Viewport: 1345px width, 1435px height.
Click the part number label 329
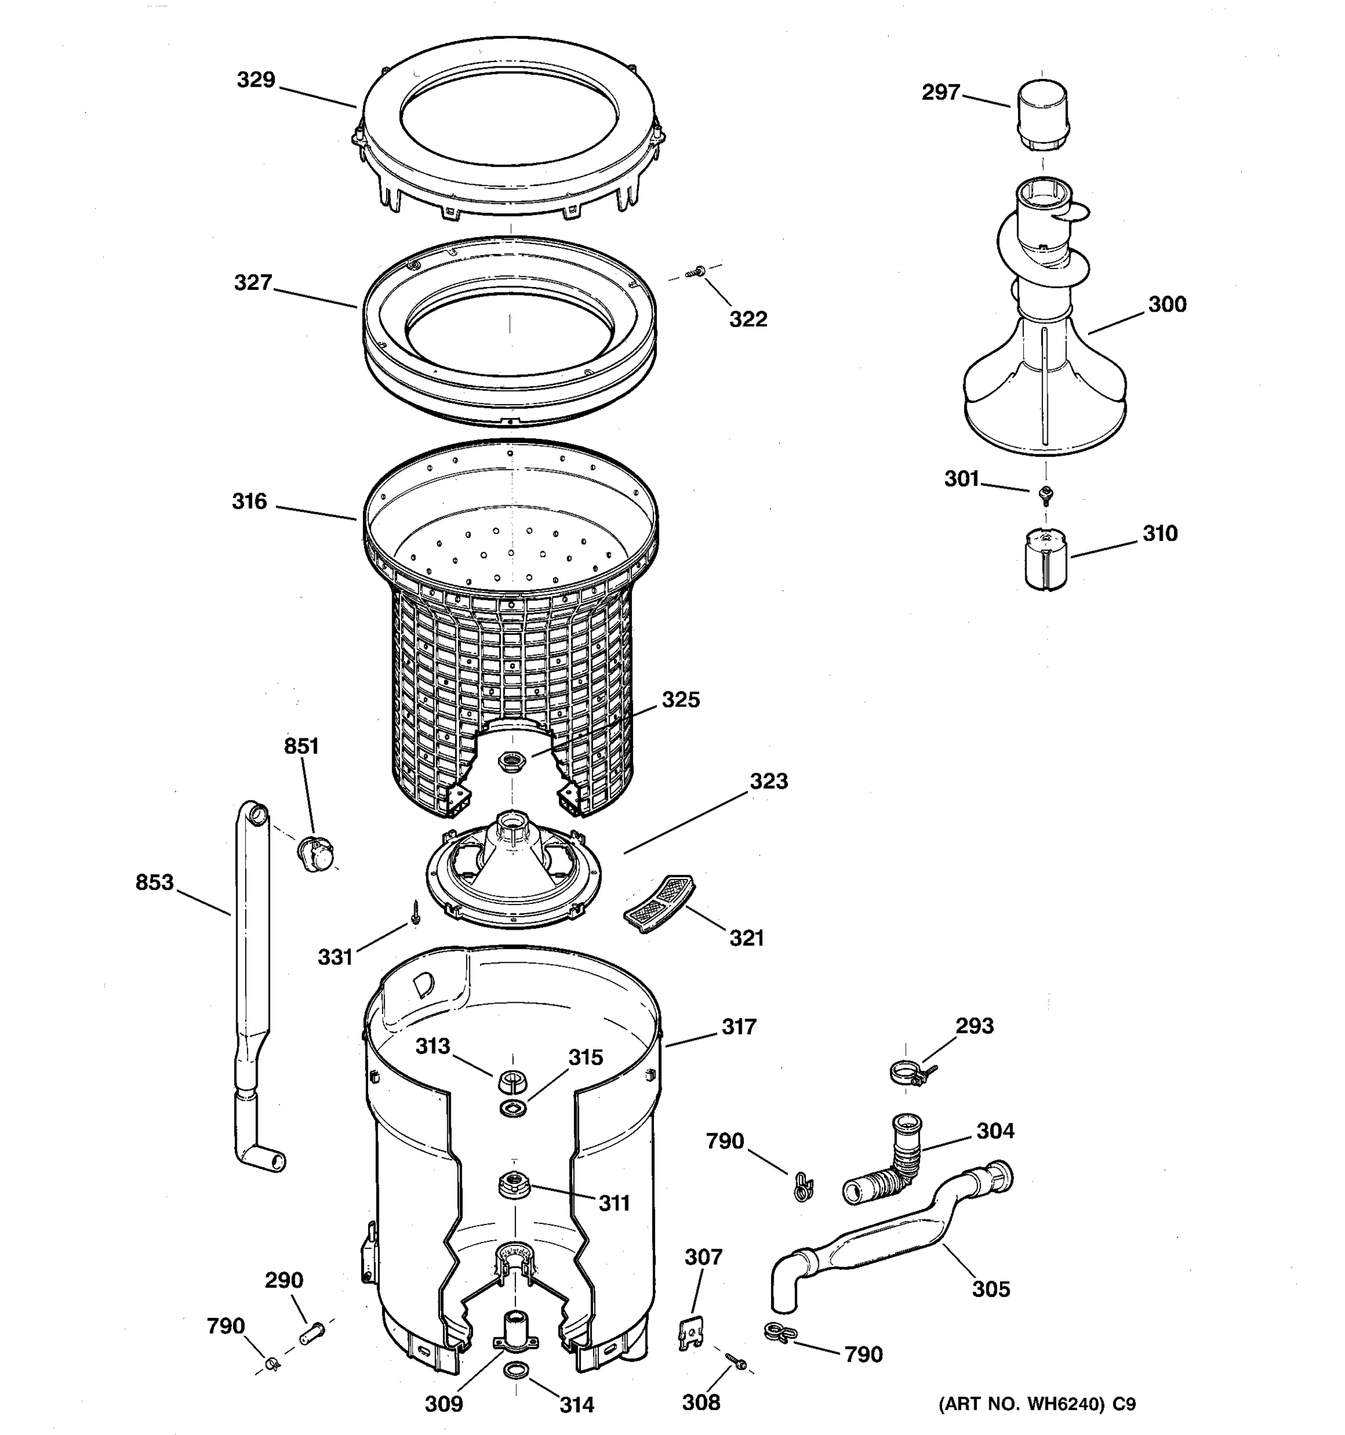[256, 80]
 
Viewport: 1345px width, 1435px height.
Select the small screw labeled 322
[697, 272]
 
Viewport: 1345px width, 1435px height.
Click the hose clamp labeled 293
[909, 1073]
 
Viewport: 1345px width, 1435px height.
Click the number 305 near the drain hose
[991, 1289]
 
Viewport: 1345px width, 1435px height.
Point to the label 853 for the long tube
[154, 882]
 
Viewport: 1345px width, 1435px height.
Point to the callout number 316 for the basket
[249, 501]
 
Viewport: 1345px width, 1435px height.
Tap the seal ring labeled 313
[512, 1080]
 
